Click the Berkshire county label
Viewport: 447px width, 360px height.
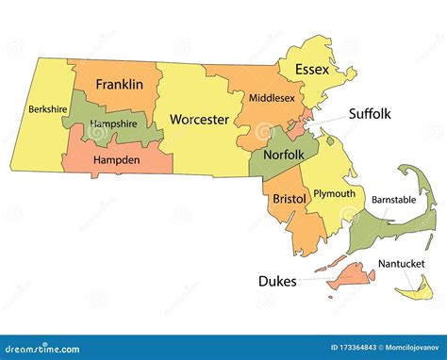point(48,108)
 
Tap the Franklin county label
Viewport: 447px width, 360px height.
point(120,85)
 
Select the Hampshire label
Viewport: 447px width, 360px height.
point(114,124)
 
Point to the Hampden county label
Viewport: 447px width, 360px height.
point(117,160)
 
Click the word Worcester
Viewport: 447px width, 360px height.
point(199,120)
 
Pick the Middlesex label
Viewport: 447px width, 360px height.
point(273,97)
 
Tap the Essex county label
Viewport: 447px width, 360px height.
point(312,70)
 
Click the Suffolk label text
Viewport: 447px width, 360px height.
point(370,114)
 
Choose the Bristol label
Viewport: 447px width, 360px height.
point(289,200)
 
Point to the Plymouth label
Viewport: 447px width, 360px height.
point(335,194)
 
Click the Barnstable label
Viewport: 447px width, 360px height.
point(392,200)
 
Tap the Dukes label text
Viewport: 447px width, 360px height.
point(277,281)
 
